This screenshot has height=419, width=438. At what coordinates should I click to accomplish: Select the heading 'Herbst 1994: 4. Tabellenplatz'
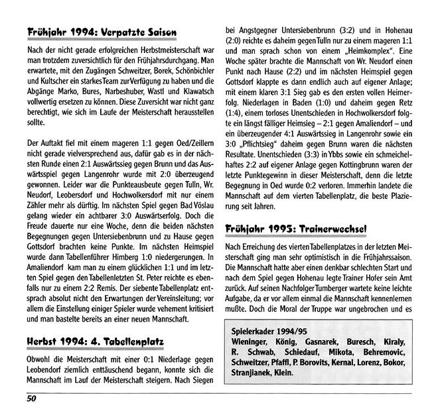tap(96, 342)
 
